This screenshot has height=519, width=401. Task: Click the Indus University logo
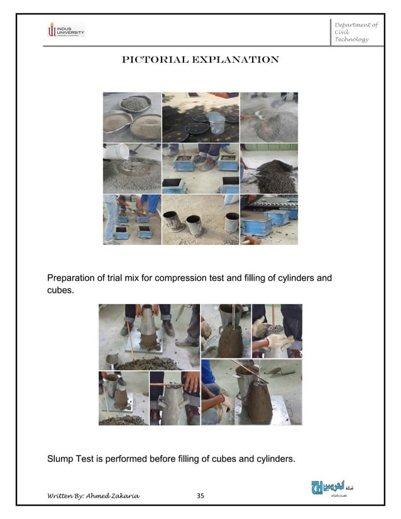pos(65,29)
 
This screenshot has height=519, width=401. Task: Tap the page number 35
pos(200,496)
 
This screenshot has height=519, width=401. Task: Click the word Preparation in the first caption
pos(74,277)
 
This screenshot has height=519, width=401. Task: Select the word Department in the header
pos(356,25)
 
